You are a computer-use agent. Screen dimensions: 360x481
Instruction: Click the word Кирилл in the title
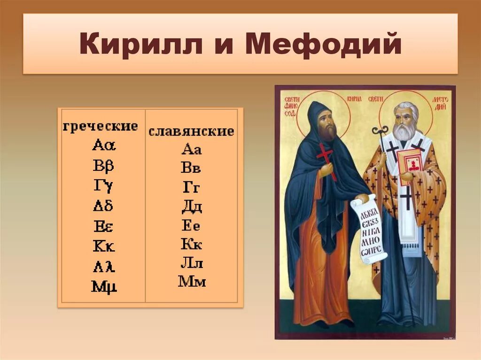[140, 45]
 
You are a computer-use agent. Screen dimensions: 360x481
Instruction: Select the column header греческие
[101, 126]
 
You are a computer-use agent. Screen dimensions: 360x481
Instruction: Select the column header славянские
[191, 131]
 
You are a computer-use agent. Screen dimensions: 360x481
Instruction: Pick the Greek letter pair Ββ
[103, 166]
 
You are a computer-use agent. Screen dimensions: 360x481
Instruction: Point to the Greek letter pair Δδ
[102, 205]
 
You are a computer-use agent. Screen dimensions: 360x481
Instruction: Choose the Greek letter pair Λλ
[103, 267]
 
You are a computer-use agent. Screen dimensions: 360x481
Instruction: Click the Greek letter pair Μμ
[104, 286]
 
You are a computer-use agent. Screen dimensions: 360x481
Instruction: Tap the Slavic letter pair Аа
[191, 150]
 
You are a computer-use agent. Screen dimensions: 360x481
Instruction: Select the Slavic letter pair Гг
[191, 188]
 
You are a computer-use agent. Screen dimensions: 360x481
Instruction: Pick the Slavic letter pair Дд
[191, 207]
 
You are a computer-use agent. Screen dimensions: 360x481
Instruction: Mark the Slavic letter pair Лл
[191, 263]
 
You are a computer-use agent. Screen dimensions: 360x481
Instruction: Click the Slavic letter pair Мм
[192, 282]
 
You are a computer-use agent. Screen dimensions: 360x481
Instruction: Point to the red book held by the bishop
[410, 167]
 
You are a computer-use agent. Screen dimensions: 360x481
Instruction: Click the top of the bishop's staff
[380, 131]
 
